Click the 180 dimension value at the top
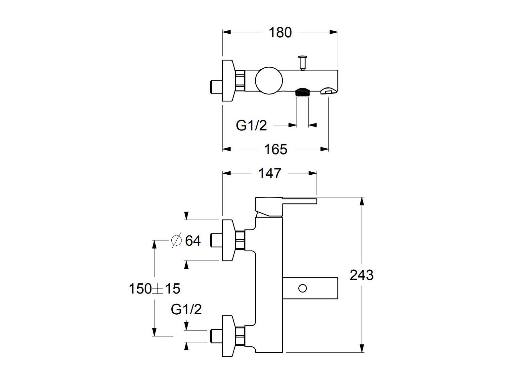point(280,32)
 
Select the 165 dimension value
point(276,150)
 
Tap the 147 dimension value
point(270,173)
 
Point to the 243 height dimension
point(362,275)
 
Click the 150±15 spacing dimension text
point(154,289)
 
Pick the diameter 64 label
point(192,241)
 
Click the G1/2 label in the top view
point(251,125)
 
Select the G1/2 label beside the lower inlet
point(186,309)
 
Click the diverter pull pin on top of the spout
point(302,62)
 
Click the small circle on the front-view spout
point(302,288)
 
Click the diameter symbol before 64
point(176,240)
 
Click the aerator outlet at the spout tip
point(327,91)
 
